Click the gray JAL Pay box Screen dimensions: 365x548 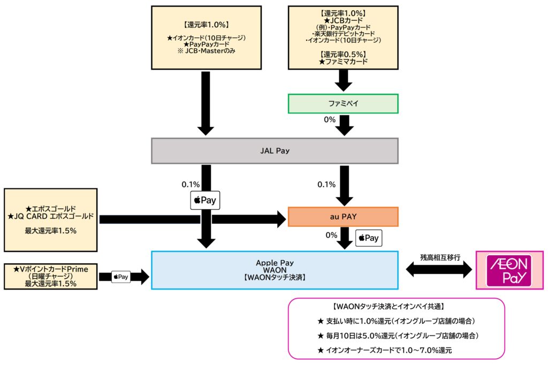[275, 151]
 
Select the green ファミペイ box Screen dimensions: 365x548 [343, 104]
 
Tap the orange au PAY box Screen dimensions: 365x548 [343, 217]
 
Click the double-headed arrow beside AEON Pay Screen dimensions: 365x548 [437, 270]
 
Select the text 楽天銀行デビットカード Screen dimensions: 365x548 [343, 33]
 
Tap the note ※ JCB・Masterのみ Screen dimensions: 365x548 [205, 51]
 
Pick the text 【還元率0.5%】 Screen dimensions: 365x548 [343, 55]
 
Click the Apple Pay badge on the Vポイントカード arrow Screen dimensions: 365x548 [120, 277]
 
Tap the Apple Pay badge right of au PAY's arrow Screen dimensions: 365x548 [369, 237]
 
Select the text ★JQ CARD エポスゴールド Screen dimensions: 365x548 [52, 216]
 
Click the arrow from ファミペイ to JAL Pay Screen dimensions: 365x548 [343, 127]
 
